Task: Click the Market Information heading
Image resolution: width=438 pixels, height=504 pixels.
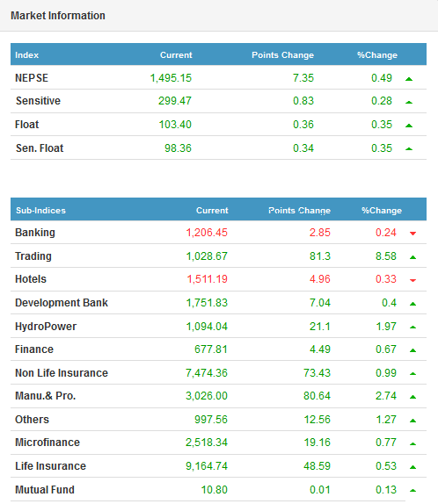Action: coord(58,16)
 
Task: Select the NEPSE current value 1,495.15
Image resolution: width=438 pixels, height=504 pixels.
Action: coord(171,78)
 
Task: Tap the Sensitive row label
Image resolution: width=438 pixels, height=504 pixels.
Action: coord(38,101)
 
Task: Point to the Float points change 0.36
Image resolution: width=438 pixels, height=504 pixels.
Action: coord(303,125)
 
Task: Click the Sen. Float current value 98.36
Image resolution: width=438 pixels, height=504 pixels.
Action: coord(178,148)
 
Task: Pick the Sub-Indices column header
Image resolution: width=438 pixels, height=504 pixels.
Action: coord(41,211)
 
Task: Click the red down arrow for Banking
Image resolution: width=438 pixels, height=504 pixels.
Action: coord(412,234)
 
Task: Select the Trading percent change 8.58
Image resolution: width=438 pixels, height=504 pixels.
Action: coord(386,256)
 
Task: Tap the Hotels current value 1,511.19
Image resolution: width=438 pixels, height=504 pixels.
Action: coord(208,279)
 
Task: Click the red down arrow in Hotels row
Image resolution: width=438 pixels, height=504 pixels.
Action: coord(412,280)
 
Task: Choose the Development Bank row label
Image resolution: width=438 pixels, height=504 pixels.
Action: coord(62,303)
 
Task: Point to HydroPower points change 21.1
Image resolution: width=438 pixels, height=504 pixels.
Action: coord(320,327)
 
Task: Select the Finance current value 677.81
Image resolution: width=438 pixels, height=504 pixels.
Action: coord(211,349)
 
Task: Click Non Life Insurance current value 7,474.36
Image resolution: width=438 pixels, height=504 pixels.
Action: coord(207,373)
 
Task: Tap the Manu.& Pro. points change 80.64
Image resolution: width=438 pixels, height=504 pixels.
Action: coord(317,396)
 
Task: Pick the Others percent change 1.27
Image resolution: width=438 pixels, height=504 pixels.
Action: coord(386,420)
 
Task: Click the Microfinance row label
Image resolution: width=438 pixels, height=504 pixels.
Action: coord(47,443)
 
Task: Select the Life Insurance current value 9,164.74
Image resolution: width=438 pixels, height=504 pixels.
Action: coord(207,466)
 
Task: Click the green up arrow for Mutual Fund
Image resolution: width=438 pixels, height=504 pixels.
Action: coord(412,491)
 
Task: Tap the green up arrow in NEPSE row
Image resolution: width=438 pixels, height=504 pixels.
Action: coord(409,79)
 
